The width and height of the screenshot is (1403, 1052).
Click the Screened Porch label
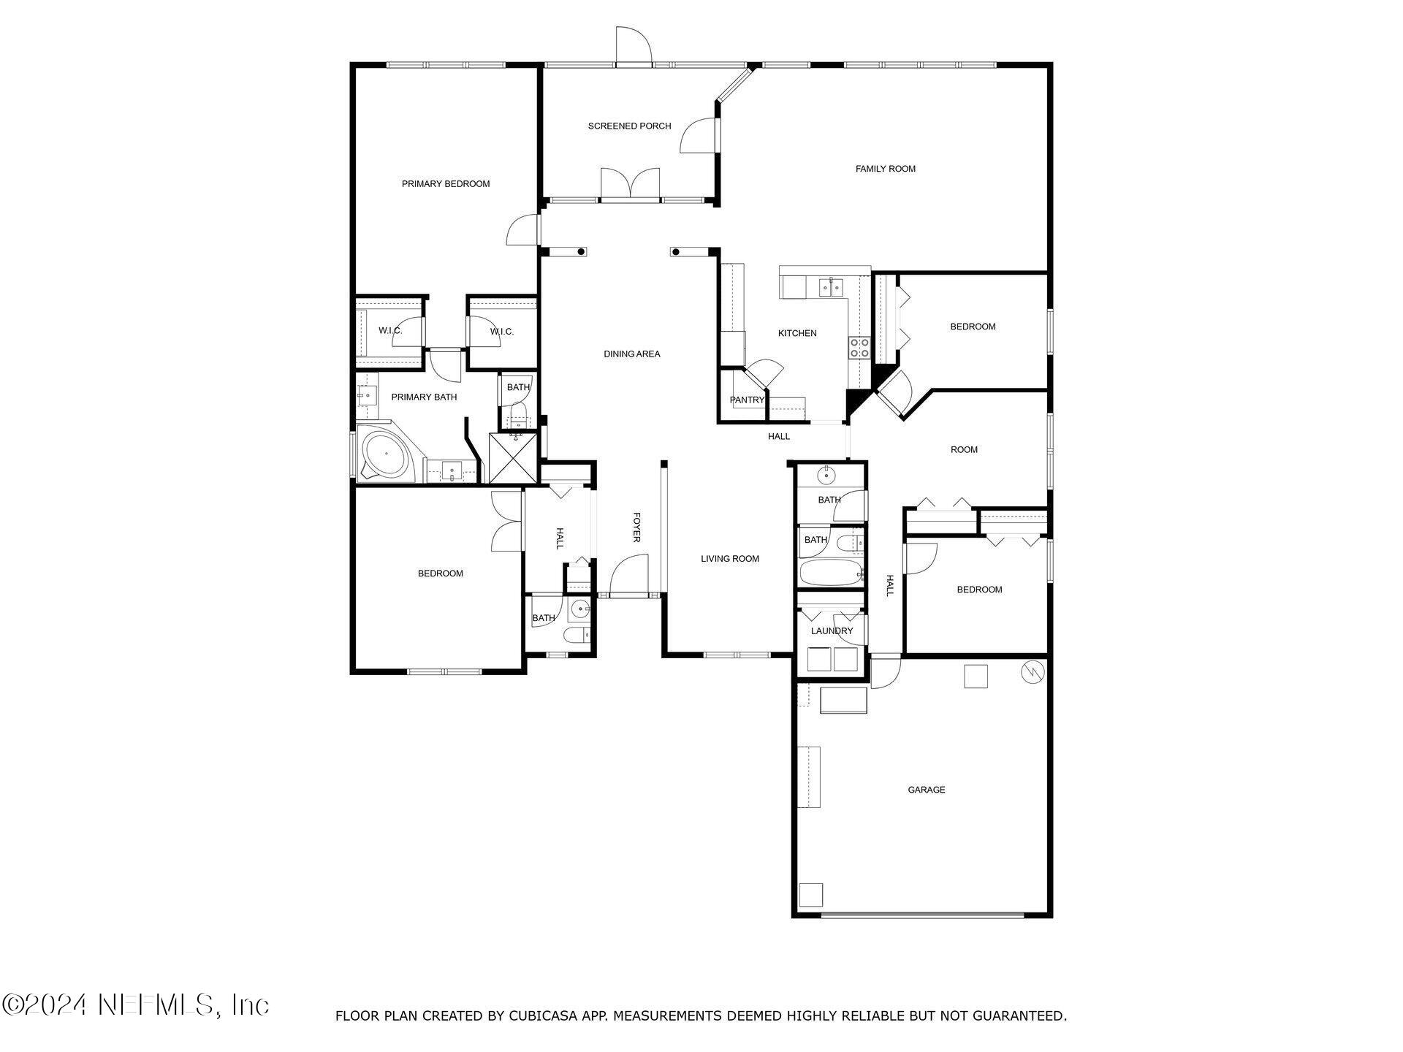pos(629,126)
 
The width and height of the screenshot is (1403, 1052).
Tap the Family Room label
pos(885,169)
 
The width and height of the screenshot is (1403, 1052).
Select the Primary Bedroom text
pos(446,184)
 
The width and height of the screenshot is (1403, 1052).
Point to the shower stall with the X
pos(513,458)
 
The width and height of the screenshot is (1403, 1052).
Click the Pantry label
pos(747,400)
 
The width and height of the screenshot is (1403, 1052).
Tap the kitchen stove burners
pos(859,348)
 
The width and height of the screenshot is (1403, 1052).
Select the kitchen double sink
pos(830,287)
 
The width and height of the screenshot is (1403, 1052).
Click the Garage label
pos(926,790)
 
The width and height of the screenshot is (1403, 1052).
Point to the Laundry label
pos(832,631)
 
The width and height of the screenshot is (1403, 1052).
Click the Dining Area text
pos(631,354)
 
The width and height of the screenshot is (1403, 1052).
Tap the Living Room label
pos(730,559)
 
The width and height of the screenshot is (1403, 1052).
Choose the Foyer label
pos(636,527)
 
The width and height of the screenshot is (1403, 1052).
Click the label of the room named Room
pos(964,450)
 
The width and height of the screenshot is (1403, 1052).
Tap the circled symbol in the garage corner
pos(1032,671)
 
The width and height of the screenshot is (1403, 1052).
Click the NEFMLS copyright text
pos(136,1005)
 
